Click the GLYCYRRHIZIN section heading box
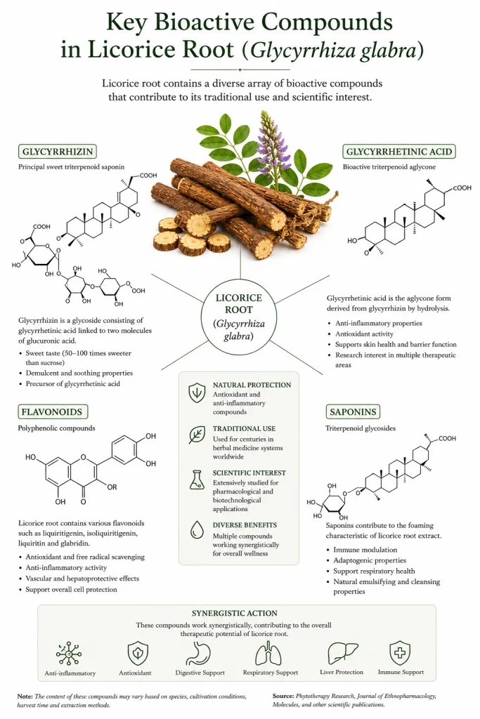(58, 152)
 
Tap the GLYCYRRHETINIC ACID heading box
(398, 152)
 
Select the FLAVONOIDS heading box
(52, 411)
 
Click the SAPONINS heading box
(353, 411)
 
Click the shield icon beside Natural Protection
(197, 393)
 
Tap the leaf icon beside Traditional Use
(197, 435)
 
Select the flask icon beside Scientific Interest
(197, 480)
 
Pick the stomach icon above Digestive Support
(199, 653)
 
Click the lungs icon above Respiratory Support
(269, 653)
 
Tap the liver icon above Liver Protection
(342, 652)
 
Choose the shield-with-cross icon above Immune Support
(400, 652)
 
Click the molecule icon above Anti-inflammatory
(70, 653)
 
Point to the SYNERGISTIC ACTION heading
(235, 613)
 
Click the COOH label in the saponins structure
(447, 438)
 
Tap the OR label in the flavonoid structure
(112, 487)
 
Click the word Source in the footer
(283, 696)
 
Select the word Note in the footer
(25, 696)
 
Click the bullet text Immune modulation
(365, 549)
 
